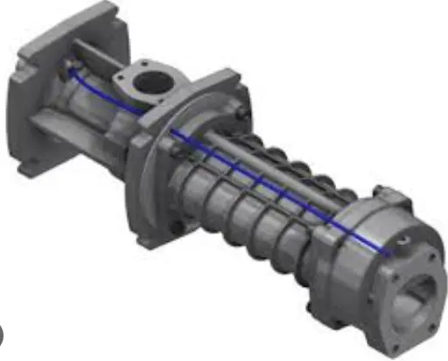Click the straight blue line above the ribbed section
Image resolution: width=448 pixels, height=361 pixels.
[262, 179]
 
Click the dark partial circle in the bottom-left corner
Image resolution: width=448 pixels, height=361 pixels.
[3, 335]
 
